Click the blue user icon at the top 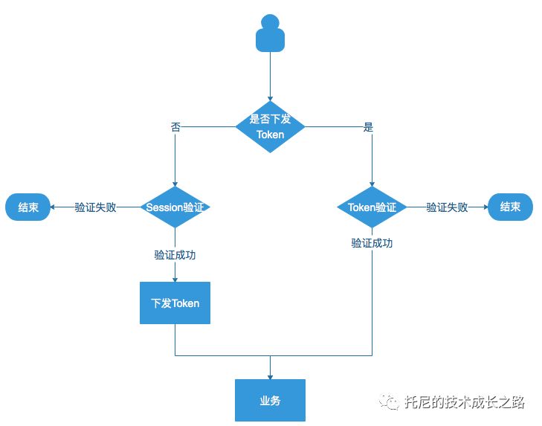click(x=270, y=34)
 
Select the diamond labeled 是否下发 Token click(x=270, y=127)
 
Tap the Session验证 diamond click(x=175, y=207)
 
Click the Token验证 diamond click(x=372, y=207)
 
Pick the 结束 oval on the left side click(x=28, y=207)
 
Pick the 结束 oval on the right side click(x=510, y=207)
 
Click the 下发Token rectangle click(x=175, y=303)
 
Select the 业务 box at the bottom click(x=270, y=400)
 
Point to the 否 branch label click(x=175, y=127)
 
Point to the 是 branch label click(x=368, y=127)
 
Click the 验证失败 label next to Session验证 click(x=95, y=207)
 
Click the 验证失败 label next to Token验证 click(x=446, y=207)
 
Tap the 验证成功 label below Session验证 click(x=175, y=254)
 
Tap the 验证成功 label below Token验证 click(x=372, y=243)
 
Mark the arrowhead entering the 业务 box click(x=270, y=375)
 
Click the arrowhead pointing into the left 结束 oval click(x=54, y=207)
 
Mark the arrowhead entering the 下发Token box click(x=175, y=278)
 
